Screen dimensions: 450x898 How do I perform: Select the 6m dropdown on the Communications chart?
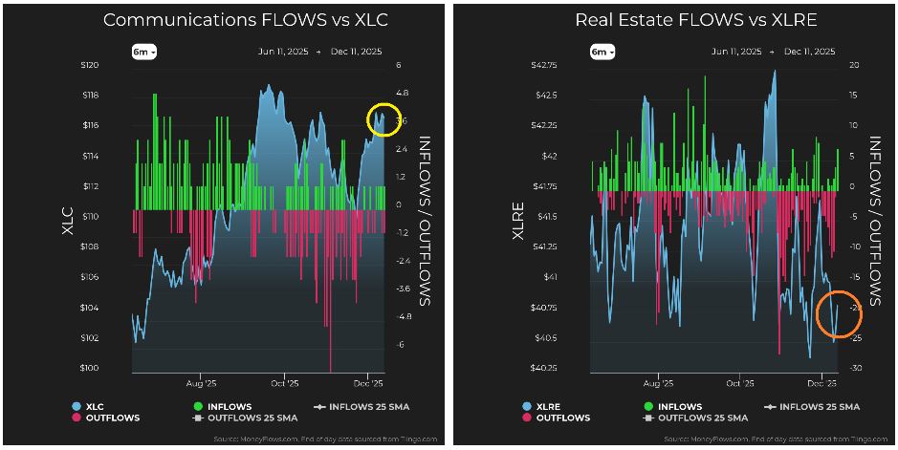pyautogui.click(x=144, y=52)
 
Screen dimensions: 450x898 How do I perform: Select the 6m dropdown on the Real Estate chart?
pyautogui.click(x=601, y=52)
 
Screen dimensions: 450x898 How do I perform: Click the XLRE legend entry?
pyautogui.click(x=549, y=407)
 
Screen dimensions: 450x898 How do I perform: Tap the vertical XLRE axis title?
pyautogui.click(x=517, y=217)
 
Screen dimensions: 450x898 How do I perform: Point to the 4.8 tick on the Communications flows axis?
pyautogui.click(x=403, y=94)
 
